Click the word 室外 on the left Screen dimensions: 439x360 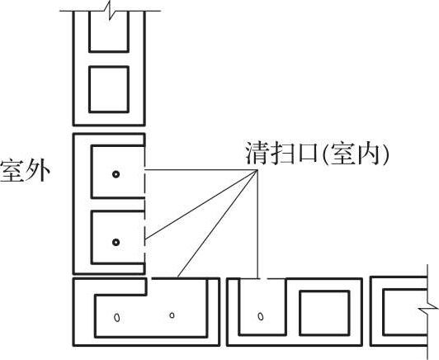pos(26,171)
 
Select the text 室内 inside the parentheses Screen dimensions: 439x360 pos(356,153)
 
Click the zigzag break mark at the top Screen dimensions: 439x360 pos(110,11)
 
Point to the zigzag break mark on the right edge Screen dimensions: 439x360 pos(427,309)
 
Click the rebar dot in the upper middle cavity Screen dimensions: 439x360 pos(116,174)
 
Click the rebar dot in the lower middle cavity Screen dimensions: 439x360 pos(116,242)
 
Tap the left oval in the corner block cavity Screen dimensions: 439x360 pos(117,317)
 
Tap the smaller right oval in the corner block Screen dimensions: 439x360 pos(172,315)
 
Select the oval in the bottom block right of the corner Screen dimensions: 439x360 pos(261,316)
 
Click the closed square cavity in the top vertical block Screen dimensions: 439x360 pos(109,89)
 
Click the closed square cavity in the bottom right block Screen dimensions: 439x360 pos(324,313)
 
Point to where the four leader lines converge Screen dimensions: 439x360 pos(257,170)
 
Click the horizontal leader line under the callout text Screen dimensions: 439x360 pos(201,170)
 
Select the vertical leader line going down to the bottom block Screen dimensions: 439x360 pos(257,224)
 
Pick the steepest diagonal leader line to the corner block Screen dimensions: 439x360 pos(218,224)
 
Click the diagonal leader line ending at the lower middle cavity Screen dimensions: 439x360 pos(201,205)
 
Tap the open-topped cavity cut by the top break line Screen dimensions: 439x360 pos(109,31)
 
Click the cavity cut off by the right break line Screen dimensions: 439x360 pos(404,312)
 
